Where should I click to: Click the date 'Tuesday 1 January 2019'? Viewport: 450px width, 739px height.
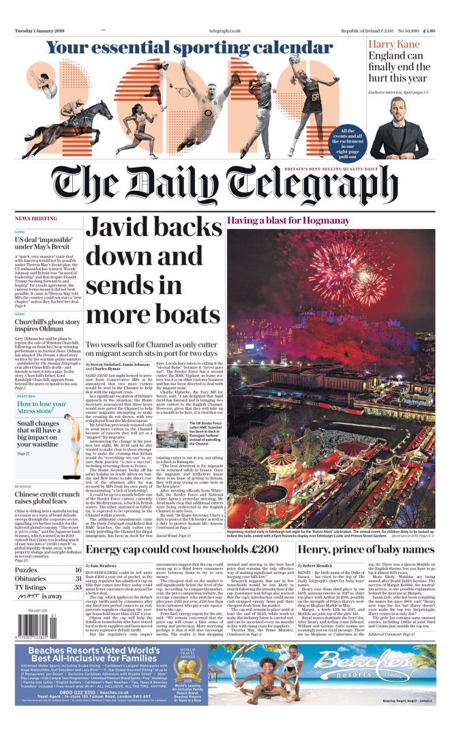tap(42, 31)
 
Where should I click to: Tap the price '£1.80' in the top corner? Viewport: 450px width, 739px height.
tap(428, 31)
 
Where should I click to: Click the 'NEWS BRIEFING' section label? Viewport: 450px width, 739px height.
tap(36, 219)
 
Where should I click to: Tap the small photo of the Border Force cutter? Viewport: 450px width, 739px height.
tap(171, 434)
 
